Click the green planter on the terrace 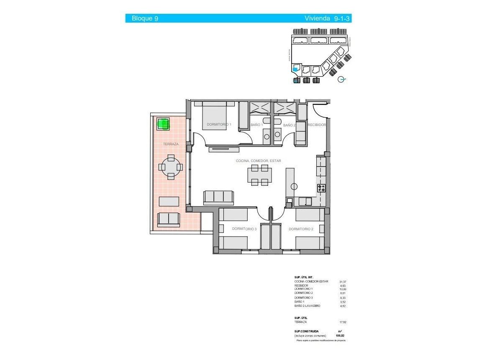[x=163, y=123]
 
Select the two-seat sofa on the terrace [x=168, y=219]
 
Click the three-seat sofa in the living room [x=218, y=196]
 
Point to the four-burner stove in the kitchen [x=321, y=188]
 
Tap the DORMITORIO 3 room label [x=244, y=229]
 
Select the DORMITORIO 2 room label [x=301, y=229]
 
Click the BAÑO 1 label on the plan [x=256, y=125]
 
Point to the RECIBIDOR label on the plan [x=316, y=125]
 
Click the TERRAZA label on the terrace [x=171, y=144]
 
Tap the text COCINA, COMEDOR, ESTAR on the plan [x=258, y=161]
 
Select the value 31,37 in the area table [x=343, y=282]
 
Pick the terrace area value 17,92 [x=343, y=322]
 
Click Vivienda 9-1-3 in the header [x=327, y=18]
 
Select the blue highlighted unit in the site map [x=296, y=69]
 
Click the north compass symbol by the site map [x=342, y=79]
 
